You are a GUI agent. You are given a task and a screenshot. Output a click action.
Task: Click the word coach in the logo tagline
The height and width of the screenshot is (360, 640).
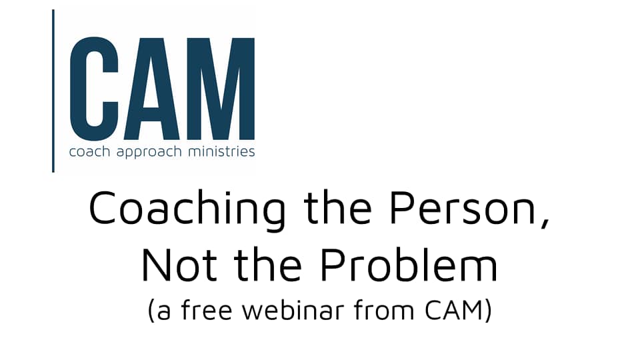click(85, 152)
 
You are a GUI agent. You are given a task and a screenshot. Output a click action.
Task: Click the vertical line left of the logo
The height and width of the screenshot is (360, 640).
click(53, 91)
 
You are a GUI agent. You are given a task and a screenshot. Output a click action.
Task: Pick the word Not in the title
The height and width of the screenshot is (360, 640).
click(176, 265)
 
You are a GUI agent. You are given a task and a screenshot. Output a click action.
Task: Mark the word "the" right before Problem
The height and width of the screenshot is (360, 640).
click(267, 265)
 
